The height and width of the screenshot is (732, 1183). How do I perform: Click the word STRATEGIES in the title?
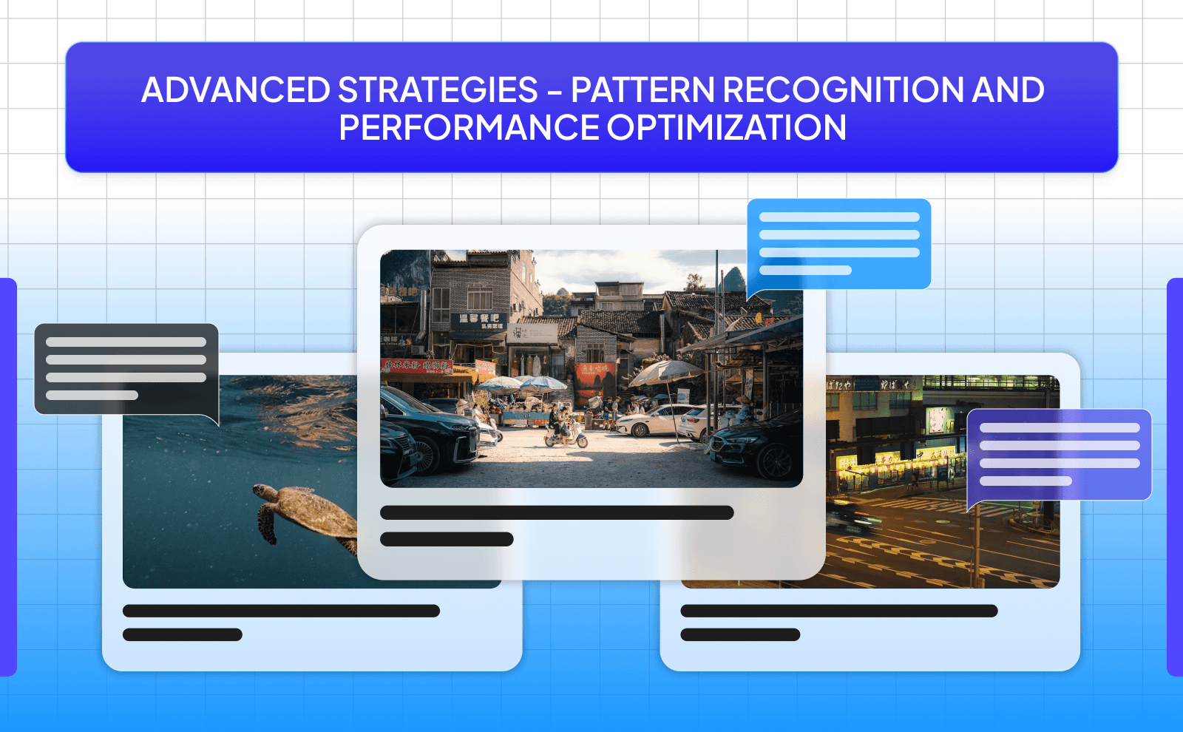click(438, 90)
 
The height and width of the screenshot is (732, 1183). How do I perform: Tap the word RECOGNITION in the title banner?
click(842, 90)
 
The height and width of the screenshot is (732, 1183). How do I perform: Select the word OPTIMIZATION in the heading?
click(727, 128)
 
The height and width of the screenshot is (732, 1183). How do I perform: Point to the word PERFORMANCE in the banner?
click(469, 128)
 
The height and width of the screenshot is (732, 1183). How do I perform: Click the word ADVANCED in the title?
click(235, 90)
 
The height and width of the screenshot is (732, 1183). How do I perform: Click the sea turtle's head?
click(260, 491)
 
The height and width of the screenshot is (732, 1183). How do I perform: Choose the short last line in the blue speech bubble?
click(805, 271)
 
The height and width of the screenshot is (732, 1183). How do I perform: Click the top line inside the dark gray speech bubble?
click(126, 342)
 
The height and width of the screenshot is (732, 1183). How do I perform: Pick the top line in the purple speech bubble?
click(1059, 428)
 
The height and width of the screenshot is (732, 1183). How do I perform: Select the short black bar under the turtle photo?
click(183, 634)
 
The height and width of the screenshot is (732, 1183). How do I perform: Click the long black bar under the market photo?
click(556, 512)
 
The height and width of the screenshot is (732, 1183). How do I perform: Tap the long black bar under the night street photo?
click(838, 611)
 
